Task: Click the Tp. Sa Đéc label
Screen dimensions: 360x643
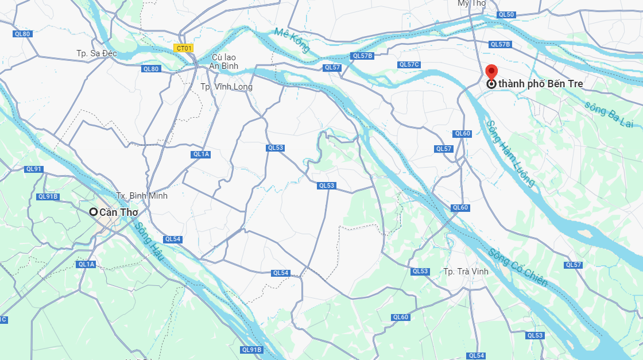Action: pos(96,53)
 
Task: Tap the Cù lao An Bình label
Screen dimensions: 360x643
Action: pos(224,62)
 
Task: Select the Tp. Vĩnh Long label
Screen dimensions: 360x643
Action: pos(226,87)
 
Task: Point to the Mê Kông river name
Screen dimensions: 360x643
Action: pos(292,40)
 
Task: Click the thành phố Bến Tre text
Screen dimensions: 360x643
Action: pos(541,84)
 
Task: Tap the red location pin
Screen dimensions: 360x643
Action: pos(491,72)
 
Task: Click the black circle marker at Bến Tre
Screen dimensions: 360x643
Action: pos(491,84)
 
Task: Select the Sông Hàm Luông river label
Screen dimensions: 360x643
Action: pos(510,153)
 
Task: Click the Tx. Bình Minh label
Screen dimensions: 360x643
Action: pos(142,196)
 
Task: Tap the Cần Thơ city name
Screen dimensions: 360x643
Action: pos(119,212)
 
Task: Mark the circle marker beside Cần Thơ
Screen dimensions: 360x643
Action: pos(93,212)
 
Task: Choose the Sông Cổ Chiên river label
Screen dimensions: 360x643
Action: pos(518,267)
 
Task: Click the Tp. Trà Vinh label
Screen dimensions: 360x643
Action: pos(466,272)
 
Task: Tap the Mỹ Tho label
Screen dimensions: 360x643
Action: pos(471,3)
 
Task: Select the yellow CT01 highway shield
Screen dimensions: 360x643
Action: pos(184,48)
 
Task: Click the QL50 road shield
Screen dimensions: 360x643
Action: pos(506,14)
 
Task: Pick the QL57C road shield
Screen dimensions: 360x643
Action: pos(409,64)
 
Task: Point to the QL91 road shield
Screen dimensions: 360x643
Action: pos(34,169)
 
